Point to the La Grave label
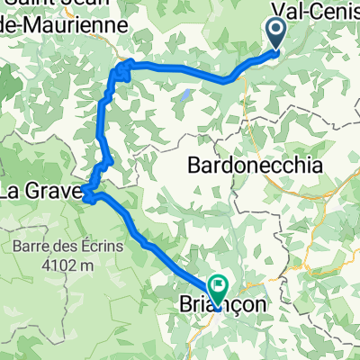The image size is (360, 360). click(40, 191)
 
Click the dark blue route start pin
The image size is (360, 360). click(274, 36)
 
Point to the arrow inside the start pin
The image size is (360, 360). click(274, 33)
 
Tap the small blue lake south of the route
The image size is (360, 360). click(184, 93)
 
